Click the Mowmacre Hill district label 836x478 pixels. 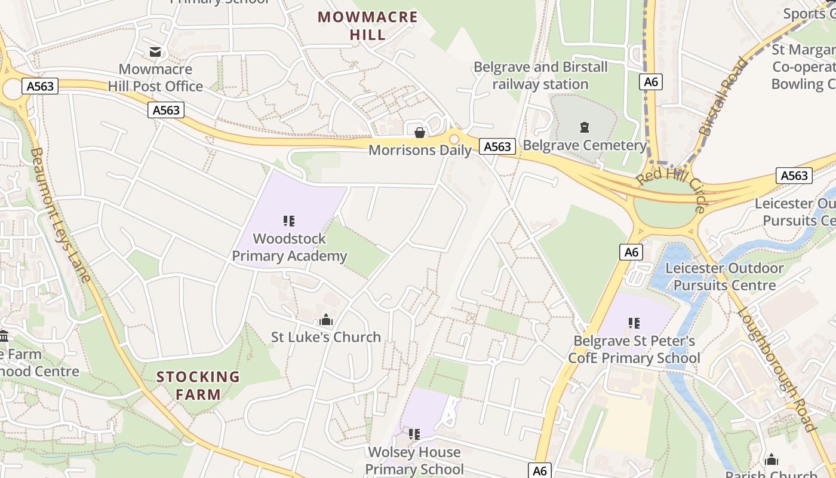[x=367, y=26]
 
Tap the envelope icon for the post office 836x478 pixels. [x=155, y=52]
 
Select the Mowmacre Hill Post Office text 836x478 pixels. [x=155, y=78]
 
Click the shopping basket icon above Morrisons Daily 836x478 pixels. [x=420, y=132]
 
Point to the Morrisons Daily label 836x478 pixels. [x=420, y=150]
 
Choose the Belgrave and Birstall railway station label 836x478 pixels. [x=540, y=75]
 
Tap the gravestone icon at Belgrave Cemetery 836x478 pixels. [x=584, y=127]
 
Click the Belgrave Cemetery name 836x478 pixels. [x=585, y=145]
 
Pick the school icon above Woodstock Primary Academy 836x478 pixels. [x=289, y=221]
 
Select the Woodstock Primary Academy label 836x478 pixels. [x=289, y=247]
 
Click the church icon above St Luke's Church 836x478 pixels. [x=326, y=320]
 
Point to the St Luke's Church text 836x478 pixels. [x=326, y=337]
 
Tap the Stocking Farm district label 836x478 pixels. [x=198, y=385]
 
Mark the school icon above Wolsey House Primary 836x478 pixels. [x=414, y=434]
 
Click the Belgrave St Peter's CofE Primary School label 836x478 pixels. [x=634, y=350]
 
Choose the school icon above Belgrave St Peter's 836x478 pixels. [x=634, y=323]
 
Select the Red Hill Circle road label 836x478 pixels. [x=672, y=186]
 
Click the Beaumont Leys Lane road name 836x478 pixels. [x=60, y=215]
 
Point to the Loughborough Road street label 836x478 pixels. [x=776, y=369]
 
